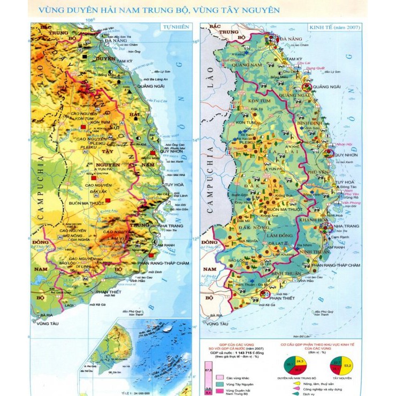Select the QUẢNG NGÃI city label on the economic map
[328, 86]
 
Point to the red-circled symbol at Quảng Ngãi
[307, 86]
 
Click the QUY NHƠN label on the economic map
[345, 155]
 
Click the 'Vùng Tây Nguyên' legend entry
[239, 385]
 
